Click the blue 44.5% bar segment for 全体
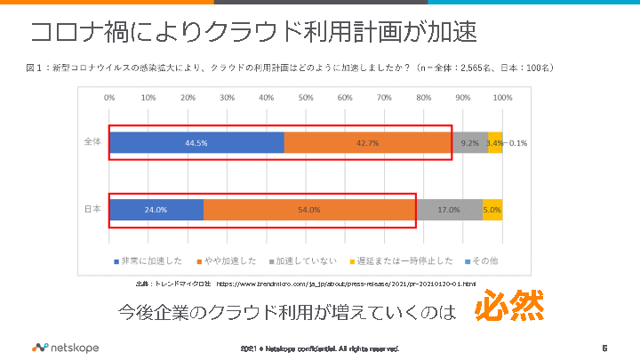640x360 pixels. point(196,142)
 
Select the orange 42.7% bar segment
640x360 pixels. point(368,142)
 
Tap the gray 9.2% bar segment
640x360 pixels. point(469,142)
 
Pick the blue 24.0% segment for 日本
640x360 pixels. point(156,209)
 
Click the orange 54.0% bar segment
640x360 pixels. point(309,209)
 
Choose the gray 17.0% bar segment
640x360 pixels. point(449,209)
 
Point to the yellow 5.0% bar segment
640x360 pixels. point(492,209)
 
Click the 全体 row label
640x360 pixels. point(92,142)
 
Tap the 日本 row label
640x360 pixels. point(92,209)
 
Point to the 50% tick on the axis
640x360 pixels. point(306,97)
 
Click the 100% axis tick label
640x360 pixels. point(502,97)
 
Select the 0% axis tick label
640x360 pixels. point(109,97)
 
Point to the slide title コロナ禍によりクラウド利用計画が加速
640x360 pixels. point(253,32)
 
